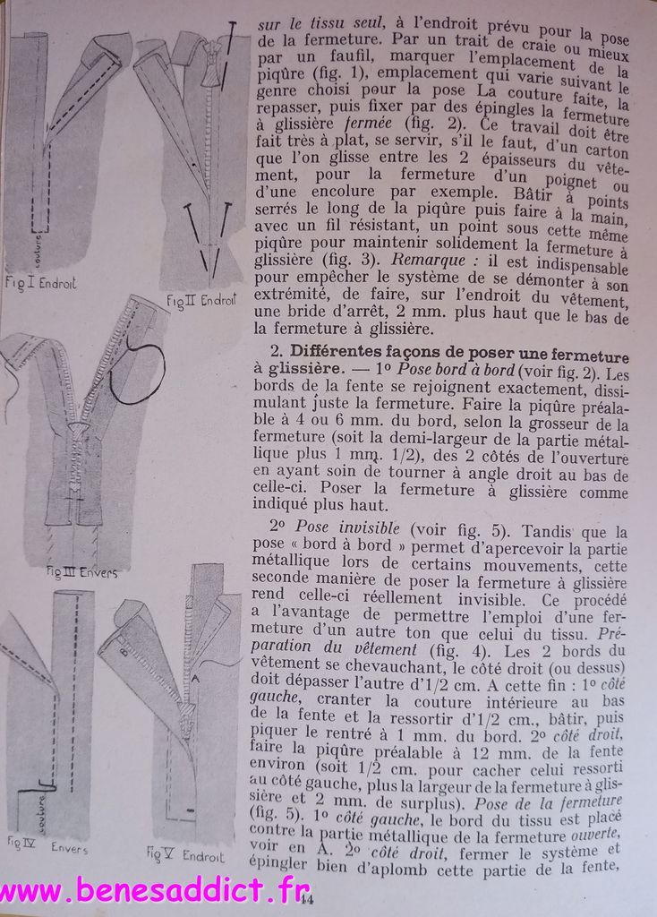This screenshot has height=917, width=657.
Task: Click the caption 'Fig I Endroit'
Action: coord(40,284)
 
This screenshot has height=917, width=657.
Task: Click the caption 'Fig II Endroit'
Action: coord(201,300)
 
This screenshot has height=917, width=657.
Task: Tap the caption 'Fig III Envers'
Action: coord(82,570)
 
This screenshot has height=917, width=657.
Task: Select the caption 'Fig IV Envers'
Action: coord(48,844)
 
